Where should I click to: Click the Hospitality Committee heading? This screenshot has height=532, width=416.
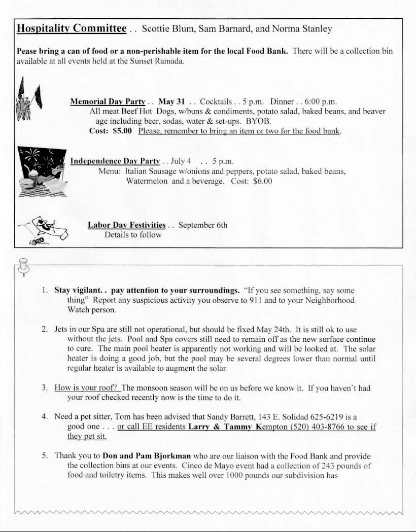point(72,28)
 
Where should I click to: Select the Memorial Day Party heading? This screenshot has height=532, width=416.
point(108,101)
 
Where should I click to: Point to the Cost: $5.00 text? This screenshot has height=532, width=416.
point(111,131)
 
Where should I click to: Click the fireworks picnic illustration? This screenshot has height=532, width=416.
point(41,171)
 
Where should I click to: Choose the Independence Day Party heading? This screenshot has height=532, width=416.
point(115,161)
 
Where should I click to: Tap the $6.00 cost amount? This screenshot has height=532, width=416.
point(262,181)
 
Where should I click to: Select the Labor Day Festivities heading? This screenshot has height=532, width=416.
point(126,225)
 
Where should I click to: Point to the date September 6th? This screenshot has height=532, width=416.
point(203,225)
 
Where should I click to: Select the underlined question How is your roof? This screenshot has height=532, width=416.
point(86,388)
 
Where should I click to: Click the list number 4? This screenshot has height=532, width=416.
point(45,417)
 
